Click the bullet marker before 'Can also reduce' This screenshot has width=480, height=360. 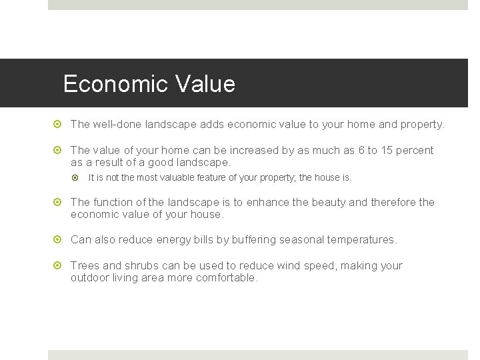(x=59, y=239)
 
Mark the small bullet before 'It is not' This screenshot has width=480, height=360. (x=77, y=178)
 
